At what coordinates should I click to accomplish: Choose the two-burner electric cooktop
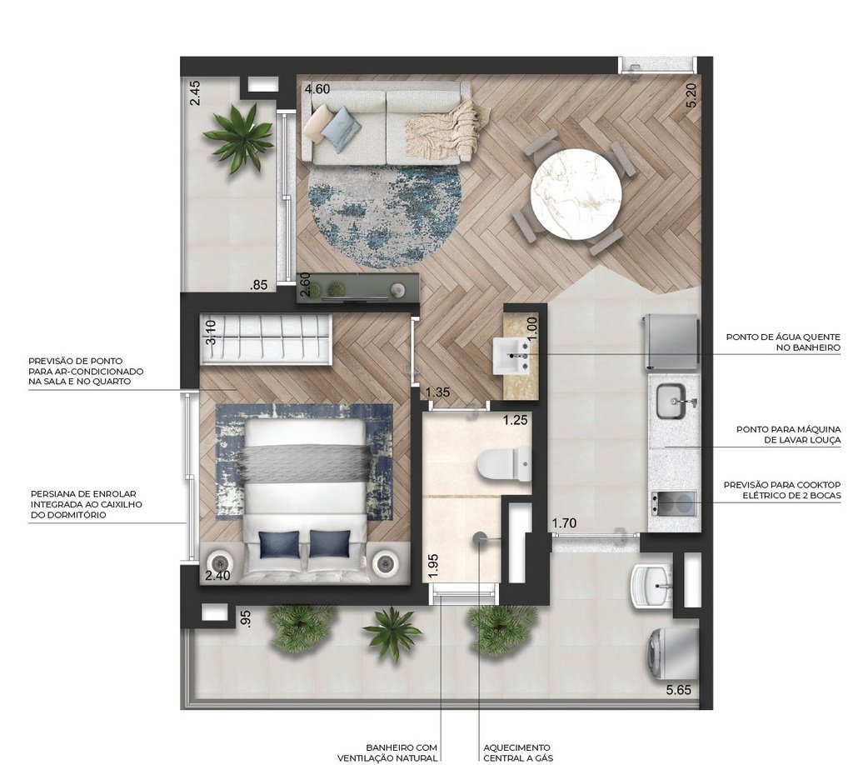674,503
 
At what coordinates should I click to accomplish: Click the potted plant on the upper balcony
239,135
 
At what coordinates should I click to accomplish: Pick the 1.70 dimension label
564,523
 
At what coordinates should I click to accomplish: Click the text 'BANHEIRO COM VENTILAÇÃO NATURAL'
387,752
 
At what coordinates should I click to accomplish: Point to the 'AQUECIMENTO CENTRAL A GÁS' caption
517,752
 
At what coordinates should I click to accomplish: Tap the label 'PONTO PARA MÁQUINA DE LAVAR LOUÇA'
788,434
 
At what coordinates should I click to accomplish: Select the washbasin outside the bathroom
517,355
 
